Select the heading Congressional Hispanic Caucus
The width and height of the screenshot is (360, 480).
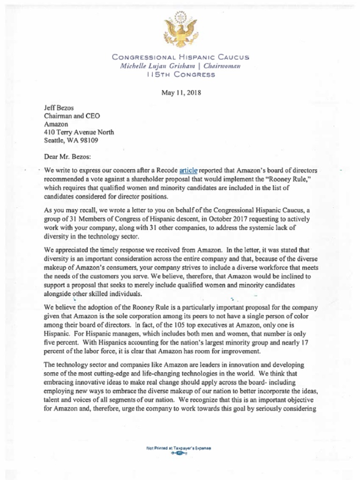point(180,57)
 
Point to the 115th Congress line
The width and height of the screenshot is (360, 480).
point(180,74)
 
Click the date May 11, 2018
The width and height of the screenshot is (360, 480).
point(181,92)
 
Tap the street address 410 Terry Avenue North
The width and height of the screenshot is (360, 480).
point(79,132)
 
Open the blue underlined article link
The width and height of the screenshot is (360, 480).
point(189,171)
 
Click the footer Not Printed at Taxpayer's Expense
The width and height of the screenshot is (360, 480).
point(179,448)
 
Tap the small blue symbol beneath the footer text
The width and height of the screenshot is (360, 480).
point(179,454)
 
